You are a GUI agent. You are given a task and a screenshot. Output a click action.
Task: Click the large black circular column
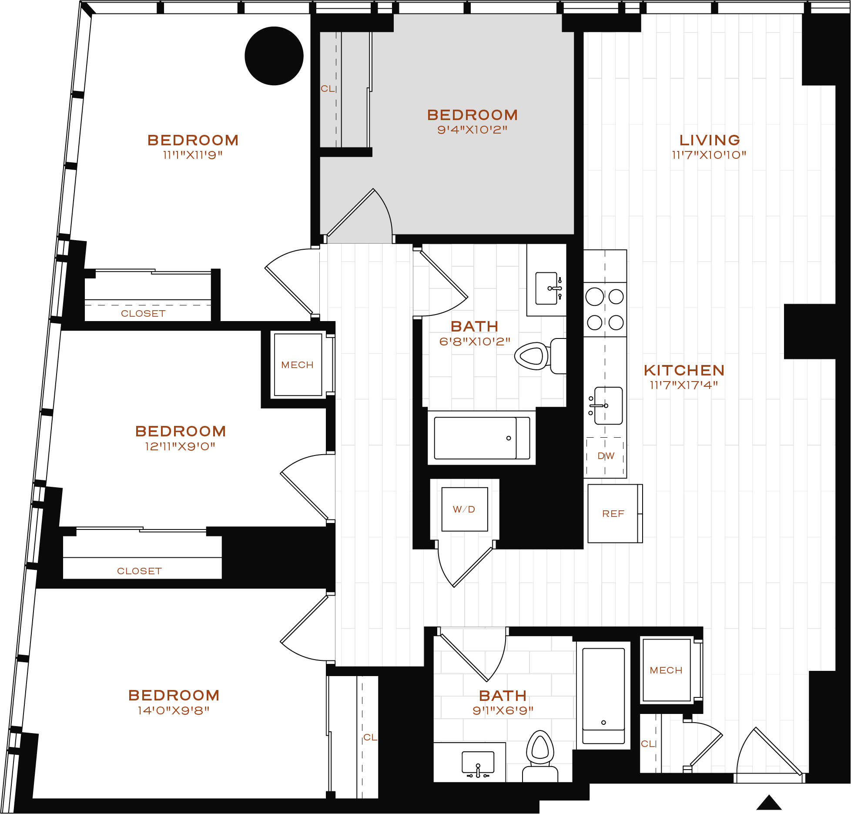(x=274, y=56)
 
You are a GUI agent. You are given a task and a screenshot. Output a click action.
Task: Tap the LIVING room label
(x=710, y=140)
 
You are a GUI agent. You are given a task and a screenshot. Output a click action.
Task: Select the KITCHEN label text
(x=684, y=370)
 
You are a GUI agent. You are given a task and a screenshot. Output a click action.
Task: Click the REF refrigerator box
(x=613, y=514)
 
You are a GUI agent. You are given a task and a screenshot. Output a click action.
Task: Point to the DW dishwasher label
(x=606, y=456)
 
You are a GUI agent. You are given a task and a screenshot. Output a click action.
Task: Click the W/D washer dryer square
(x=464, y=509)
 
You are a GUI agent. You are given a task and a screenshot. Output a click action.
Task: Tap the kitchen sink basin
(x=608, y=405)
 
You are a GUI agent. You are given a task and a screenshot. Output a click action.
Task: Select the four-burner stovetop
(x=605, y=310)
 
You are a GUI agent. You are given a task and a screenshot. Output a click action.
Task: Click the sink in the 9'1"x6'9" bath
(x=478, y=765)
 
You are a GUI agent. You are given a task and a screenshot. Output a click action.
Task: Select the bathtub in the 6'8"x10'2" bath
(x=481, y=438)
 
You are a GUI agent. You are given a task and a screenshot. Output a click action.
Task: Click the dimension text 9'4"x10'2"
(x=472, y=130)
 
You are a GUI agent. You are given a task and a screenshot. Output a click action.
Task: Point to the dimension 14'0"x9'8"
(x=174, y=710)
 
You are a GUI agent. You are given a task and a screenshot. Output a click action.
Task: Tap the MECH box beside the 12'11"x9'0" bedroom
(x=298, y=365)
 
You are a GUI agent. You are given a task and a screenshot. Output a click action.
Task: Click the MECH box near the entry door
(x=666, y=670)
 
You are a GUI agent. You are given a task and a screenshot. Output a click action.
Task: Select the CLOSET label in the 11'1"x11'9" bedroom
(x=143, y=314)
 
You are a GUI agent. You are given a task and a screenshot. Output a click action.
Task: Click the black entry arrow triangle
(x=769, y=803)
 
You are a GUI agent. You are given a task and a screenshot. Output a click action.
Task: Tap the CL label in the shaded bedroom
(x=328, y=89)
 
